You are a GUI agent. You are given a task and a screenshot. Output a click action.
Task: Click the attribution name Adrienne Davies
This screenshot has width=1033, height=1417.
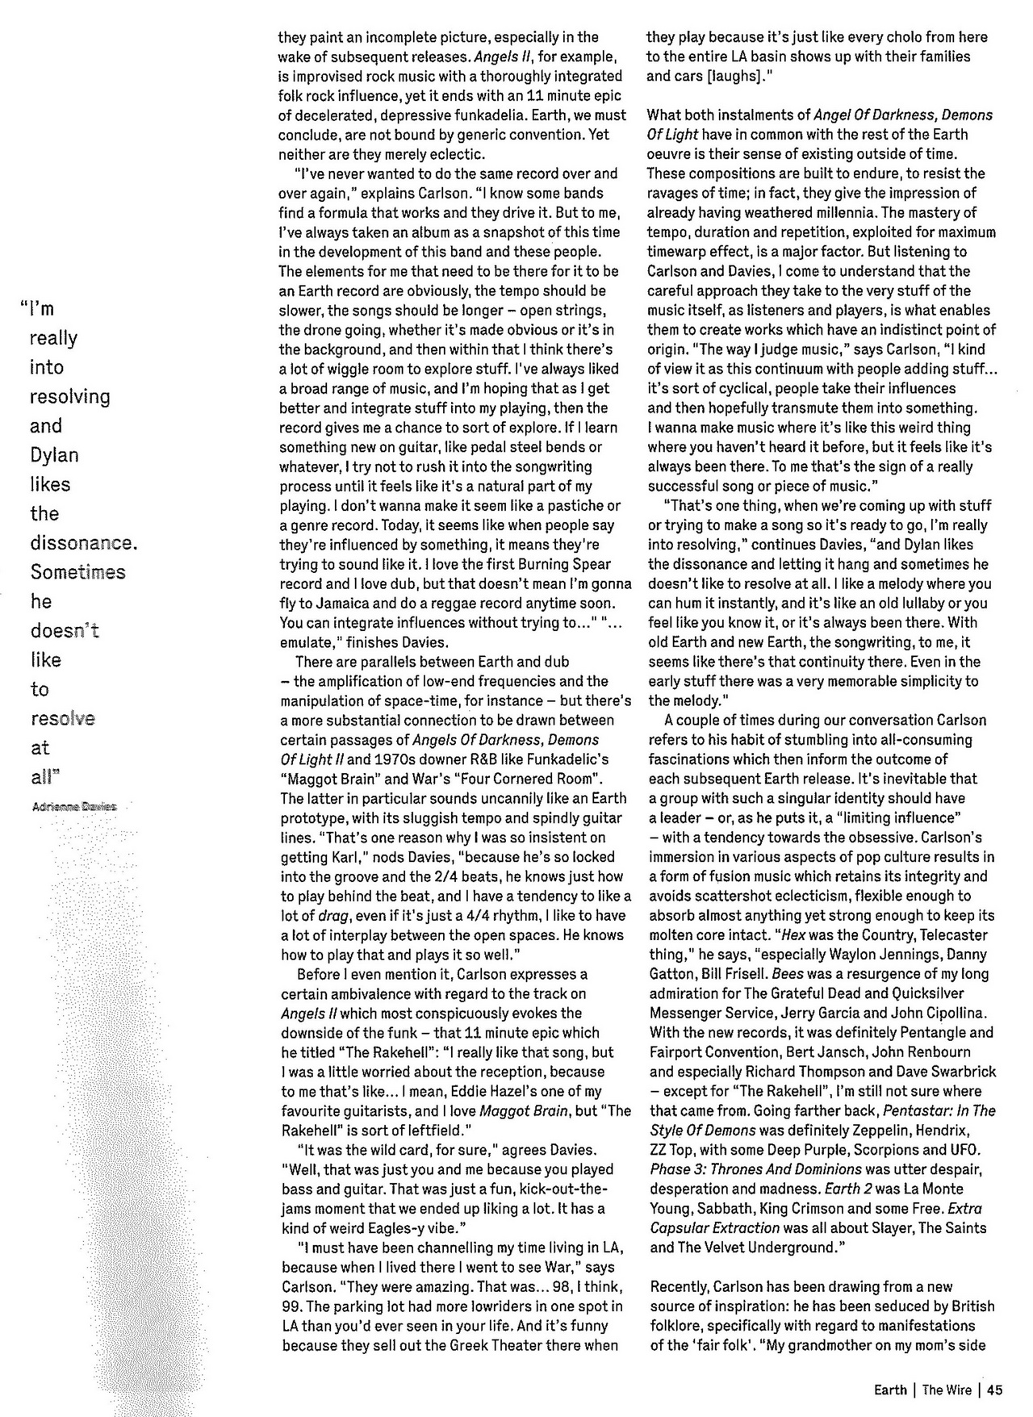pyautogui.click(x=74, y=806)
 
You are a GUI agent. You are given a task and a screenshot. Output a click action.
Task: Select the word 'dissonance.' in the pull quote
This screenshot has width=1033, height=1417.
pyautogui.click(x=84, y=542)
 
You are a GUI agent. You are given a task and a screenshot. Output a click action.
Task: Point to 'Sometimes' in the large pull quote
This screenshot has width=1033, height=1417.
pyautogui.click(x=78, y=572)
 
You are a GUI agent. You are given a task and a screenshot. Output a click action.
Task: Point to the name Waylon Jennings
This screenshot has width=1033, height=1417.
pyautogui.click(x=857, y=954)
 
